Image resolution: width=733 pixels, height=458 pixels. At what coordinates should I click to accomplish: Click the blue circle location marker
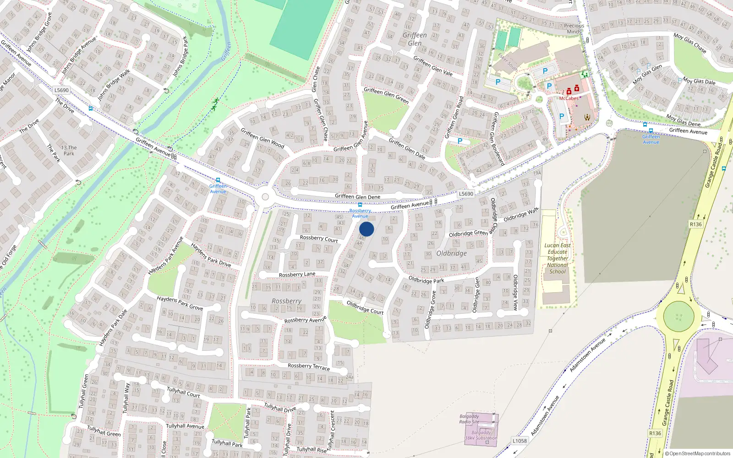pyautogui.click(x=366, y=229)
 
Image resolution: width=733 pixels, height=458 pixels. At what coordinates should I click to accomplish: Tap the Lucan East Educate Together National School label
pyautogui.click(x=558, y=258)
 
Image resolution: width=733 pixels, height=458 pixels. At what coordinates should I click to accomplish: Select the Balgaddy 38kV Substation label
pyautogui.click(x=481, y=435)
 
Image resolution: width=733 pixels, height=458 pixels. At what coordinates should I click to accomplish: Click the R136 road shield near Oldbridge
pyautogui.click(x=695, y=224)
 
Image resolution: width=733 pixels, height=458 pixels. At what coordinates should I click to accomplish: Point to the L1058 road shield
pyautogui.click(x=520, y=441)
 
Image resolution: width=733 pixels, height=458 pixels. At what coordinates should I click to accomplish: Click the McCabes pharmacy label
pyautogui.click(x=569, y=98)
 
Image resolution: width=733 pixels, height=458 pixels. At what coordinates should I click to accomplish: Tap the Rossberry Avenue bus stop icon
pyautogui.click(x=360, y=205)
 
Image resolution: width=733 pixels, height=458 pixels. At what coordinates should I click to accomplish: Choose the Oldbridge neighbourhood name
pyautogui.click(x=451, y=253)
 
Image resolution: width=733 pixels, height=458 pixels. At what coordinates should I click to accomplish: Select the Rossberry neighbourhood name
pyautogui.click(x=286, y=301)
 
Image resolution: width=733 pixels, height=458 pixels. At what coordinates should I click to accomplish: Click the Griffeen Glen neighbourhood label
pyautogui.click(x=415, y=39)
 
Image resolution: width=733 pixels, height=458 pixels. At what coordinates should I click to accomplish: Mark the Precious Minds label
pyautogui.click(x=574, y=29)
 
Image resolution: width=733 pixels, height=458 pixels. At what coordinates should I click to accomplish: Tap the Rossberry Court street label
pyautogui.click(x=318, y=239)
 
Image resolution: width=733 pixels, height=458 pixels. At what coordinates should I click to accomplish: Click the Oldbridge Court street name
pyautogui.click(x=365, y=307)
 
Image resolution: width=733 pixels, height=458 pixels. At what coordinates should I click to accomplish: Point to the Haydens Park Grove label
pyautogui.click(x=180, y=303)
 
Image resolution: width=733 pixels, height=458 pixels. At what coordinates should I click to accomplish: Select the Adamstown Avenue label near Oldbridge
pyautogui.click(x=587, y=354)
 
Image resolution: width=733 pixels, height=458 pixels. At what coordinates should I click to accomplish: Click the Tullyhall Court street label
pyautogui.click(x=183, y=392)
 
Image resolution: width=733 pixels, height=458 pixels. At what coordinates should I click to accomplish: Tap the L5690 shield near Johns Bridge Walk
pyautogui.click(x=61, y=90)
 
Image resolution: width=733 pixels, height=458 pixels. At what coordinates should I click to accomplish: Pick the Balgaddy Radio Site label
pyautogui.click(x=469, y=419)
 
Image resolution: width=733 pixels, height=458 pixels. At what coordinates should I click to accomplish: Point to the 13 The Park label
pyautogui.click(x=69, y=151)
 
